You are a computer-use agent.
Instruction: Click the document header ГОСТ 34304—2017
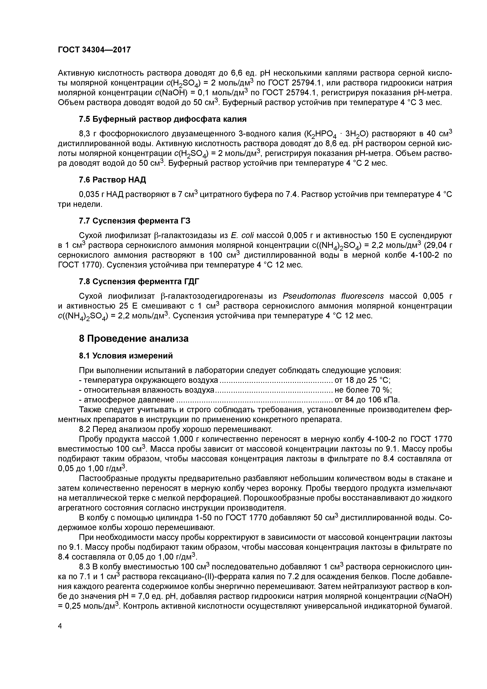(94, 49)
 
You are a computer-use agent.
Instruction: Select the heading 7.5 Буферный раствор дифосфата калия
(162, 119)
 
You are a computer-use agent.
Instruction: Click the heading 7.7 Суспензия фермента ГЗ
(135, 221)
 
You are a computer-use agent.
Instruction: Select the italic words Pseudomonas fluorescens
(333, 296)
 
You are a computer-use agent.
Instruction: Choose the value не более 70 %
(363, 390)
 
